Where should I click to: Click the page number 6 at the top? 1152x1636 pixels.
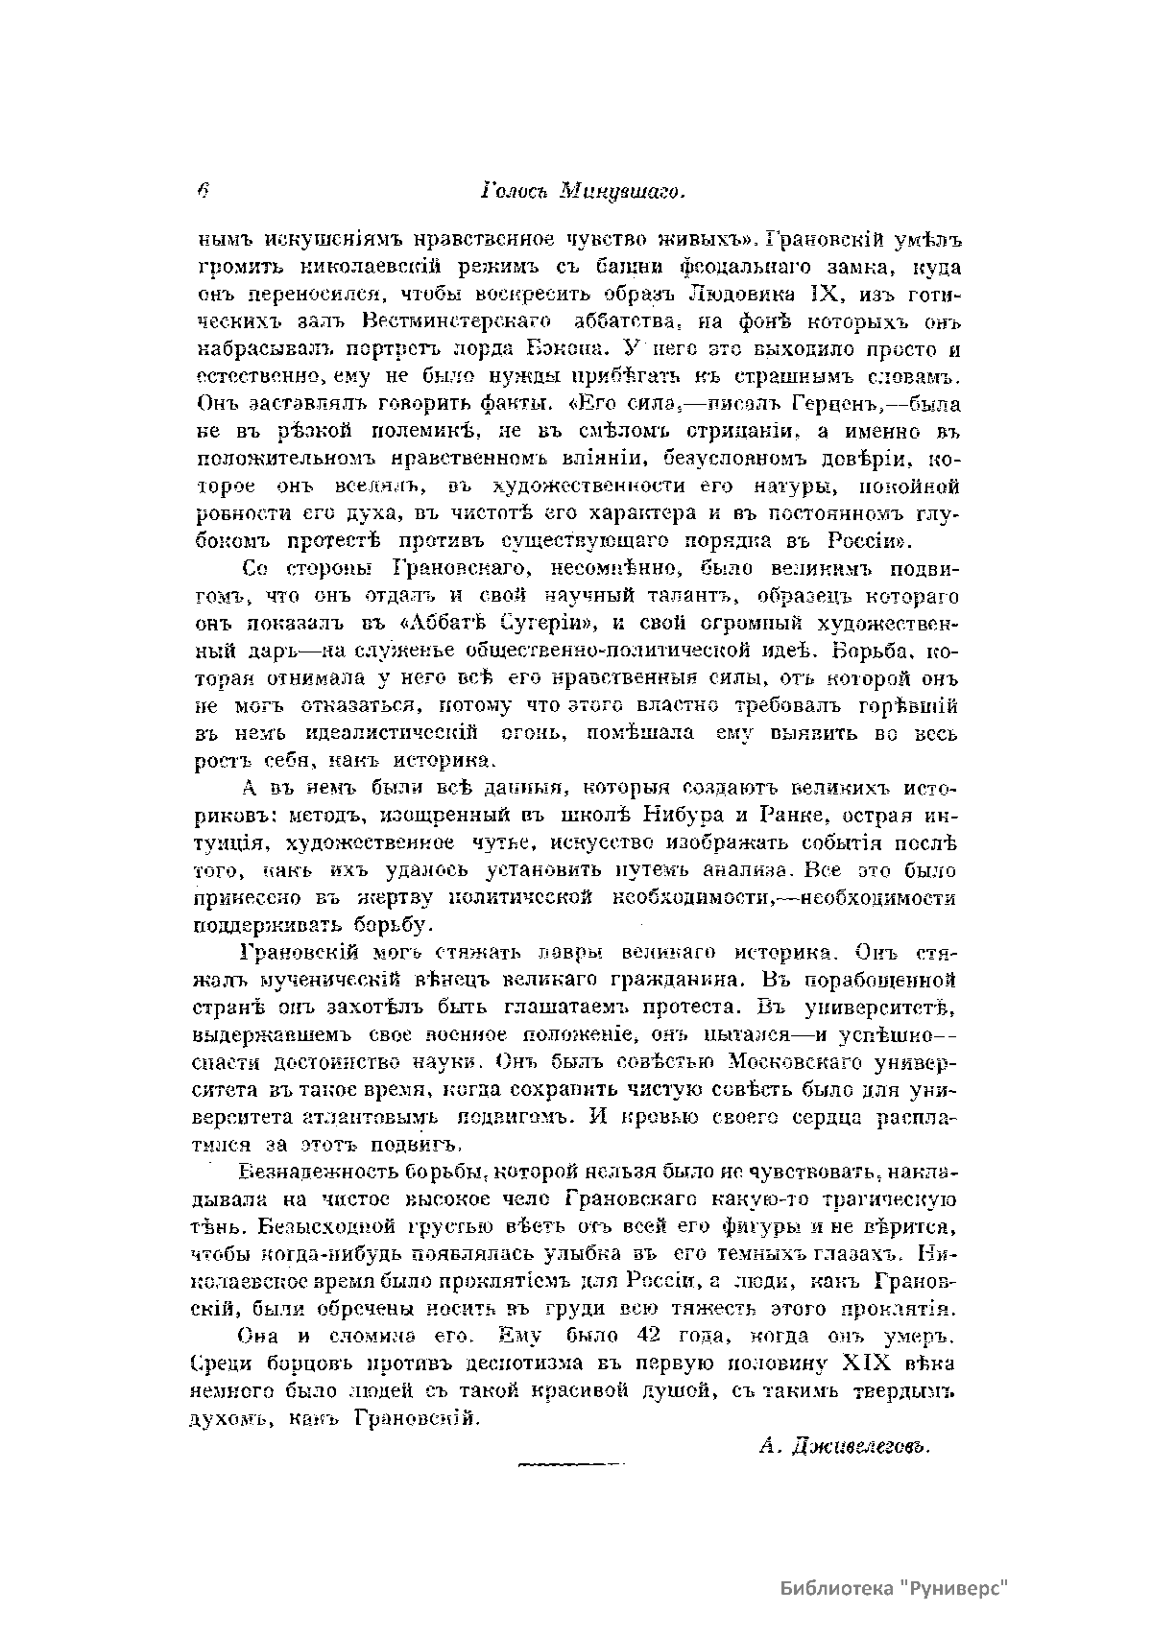(x=203, y=191)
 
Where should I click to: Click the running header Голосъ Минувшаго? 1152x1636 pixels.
(x=581, y=192)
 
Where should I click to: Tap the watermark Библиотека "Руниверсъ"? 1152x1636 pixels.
(x=897, y=1588)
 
